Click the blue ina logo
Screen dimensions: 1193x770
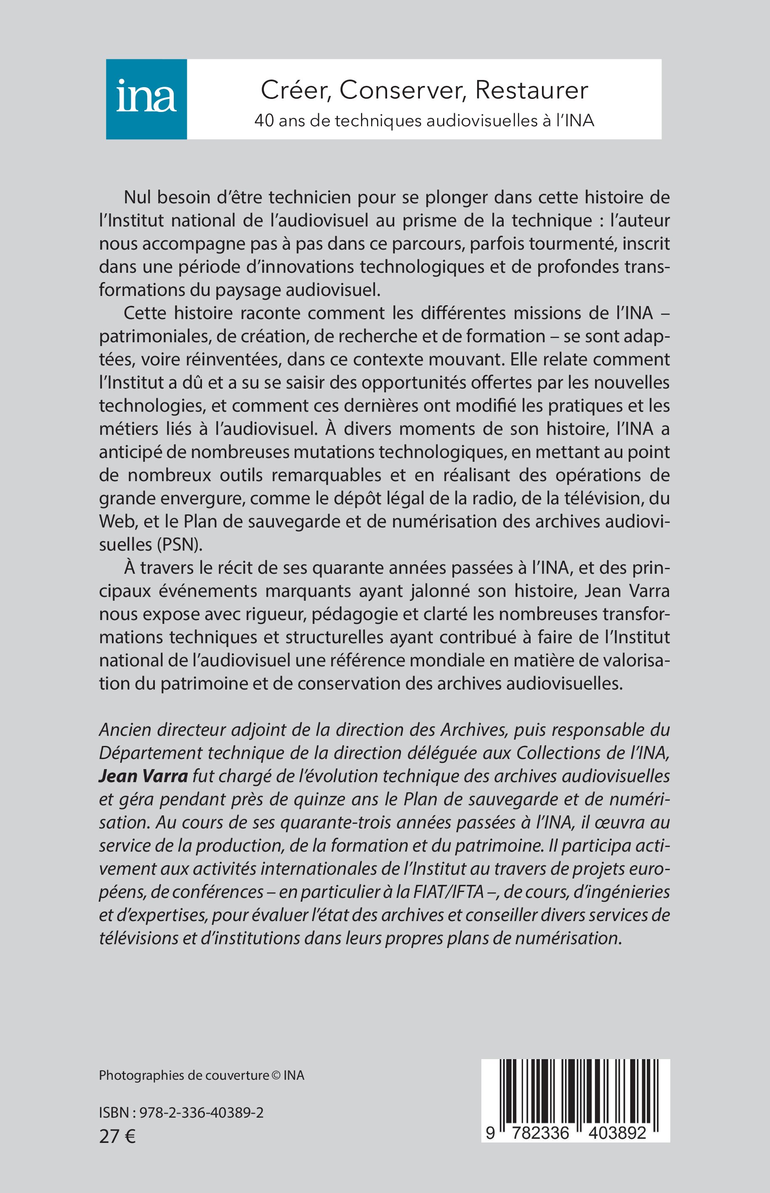pos(146,99)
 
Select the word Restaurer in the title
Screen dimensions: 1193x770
pos(531,91)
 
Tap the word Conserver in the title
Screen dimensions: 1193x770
pos(403,91)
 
